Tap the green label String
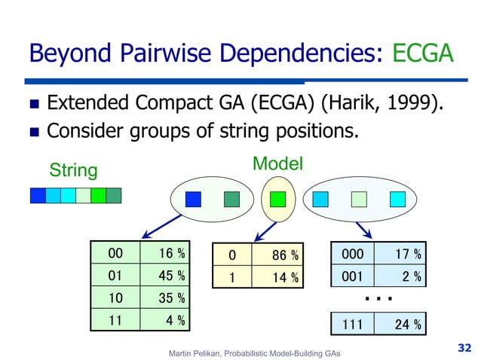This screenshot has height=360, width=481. coord(73,170)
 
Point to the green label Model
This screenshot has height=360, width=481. coord(277,163)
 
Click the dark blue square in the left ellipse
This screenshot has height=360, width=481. coord(193,199)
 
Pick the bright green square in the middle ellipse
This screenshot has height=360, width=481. coord(277,200)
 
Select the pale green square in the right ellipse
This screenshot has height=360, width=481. coord(359,199)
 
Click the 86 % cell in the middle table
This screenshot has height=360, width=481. coord(278,255)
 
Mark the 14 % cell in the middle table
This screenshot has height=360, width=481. coord(278,278)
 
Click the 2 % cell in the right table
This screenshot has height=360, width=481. coord(403,277)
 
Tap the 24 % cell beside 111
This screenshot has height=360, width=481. coord(403,325)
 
